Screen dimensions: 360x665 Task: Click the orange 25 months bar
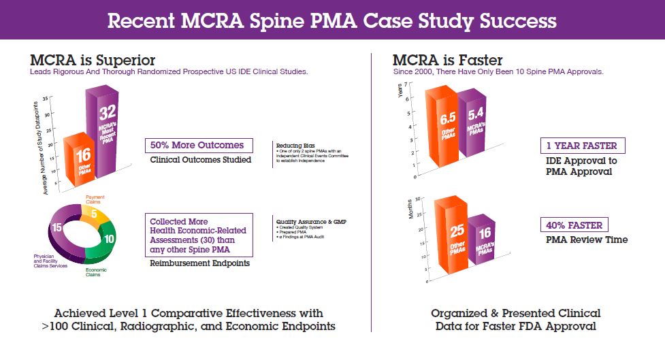tap(450, 238)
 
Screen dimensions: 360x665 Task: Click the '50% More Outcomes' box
tap(199, 146)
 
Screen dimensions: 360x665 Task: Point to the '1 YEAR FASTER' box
tap(583, 146)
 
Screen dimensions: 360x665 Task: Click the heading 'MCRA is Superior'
tap(93, 61)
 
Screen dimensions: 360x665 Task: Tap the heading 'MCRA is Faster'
tap(448, 61)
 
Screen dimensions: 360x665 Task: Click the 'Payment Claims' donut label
tap(95, 199)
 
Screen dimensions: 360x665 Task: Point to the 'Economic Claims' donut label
tap(96, 272)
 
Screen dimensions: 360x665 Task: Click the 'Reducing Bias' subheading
tap(293, 144)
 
